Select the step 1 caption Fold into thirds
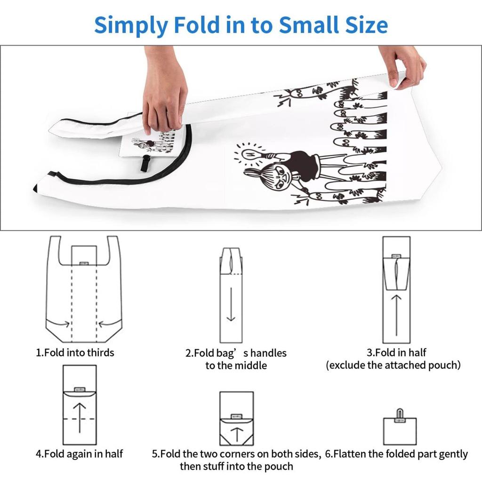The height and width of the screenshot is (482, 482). [75, 352]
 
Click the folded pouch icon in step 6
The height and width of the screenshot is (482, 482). [400, 429]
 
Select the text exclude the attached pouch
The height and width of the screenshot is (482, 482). [393, 365]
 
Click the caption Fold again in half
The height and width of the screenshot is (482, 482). [79, 454]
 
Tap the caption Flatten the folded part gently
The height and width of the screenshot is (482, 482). [396, 454]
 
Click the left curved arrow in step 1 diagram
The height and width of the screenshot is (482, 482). [64, 323]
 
